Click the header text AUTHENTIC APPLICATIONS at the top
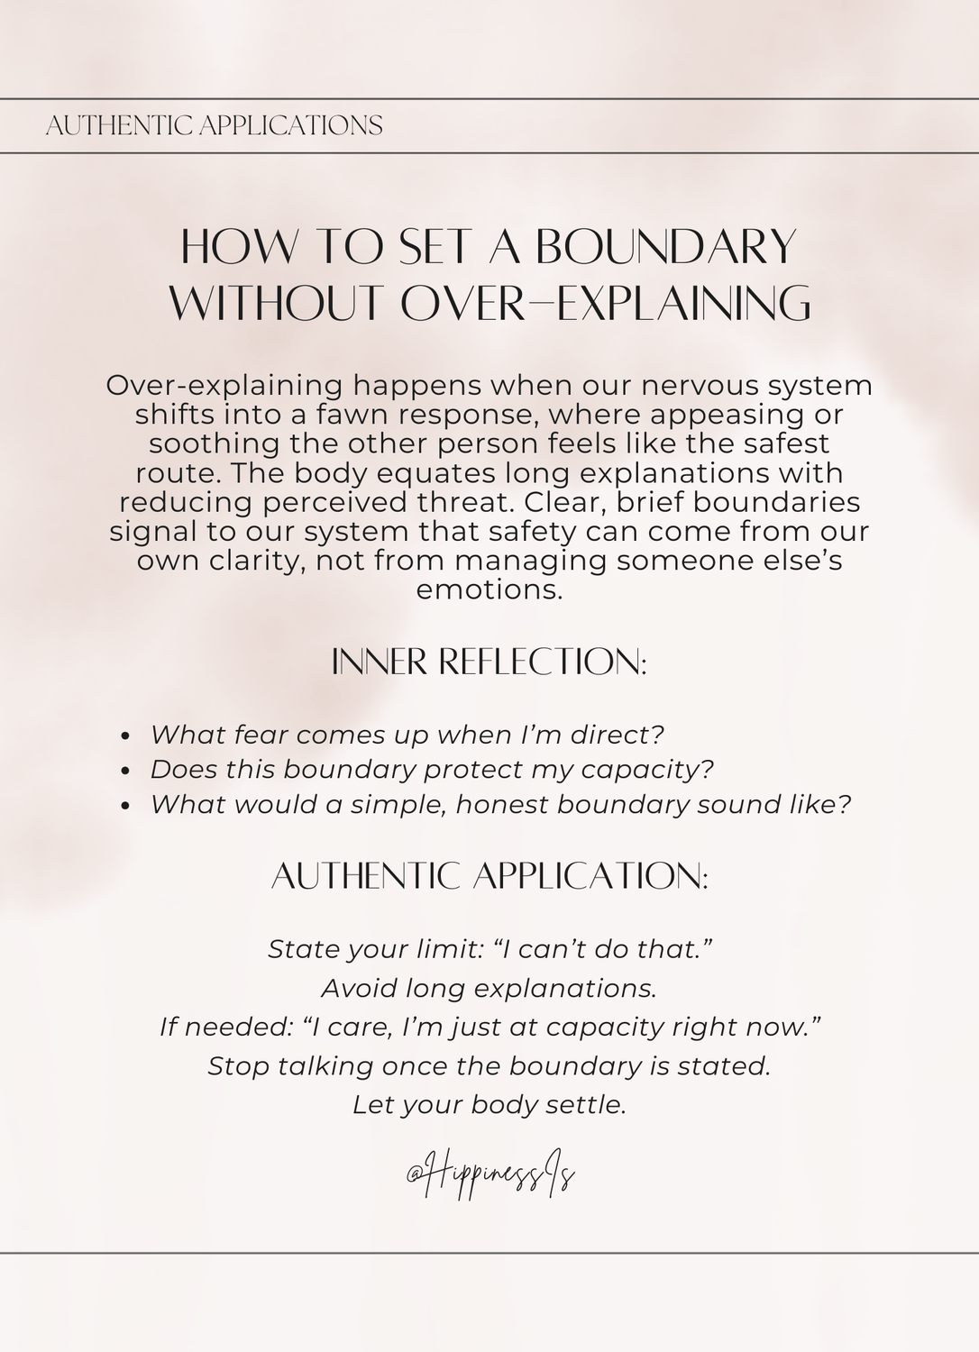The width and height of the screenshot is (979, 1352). click(214, 125)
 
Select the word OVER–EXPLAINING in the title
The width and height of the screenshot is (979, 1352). click(606, 303)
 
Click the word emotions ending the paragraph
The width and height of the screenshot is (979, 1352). click(489, 590)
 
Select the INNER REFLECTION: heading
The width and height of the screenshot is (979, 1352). click(489, 662)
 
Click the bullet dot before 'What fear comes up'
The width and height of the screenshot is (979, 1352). click(126, 736)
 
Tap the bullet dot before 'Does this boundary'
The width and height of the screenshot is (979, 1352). click(126, 771)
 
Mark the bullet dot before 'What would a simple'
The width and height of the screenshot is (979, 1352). click(126, 806)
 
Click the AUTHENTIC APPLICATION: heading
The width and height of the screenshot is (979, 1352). click(489, 876)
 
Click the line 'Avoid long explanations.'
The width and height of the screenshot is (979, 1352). click(489, 988)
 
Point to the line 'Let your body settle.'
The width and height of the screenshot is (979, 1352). click(489, 1105)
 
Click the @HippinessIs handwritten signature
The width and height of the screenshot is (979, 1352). click(490, 1174)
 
